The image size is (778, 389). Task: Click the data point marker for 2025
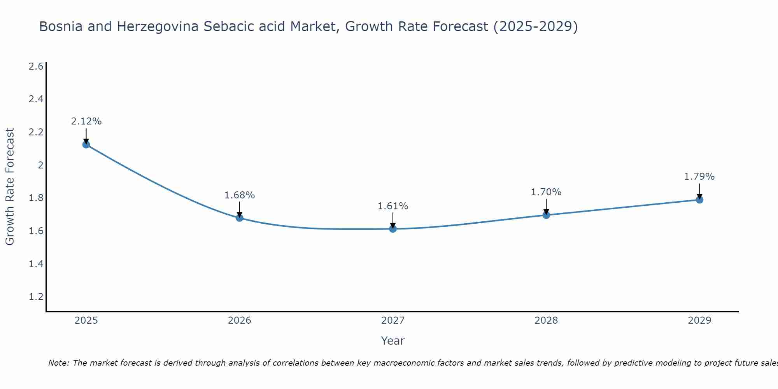86,145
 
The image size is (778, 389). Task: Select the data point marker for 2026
240,218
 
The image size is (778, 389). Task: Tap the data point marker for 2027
393,229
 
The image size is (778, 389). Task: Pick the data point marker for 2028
546,215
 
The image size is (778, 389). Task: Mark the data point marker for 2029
699,200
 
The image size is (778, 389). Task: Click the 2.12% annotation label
86,121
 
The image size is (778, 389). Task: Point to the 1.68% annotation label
240,195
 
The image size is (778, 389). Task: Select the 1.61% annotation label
393,206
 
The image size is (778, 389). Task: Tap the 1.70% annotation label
546,192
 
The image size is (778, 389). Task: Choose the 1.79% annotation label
699,177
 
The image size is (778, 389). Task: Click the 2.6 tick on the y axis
36,67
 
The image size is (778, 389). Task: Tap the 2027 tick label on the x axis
393,321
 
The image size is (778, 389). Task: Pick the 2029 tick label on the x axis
699,321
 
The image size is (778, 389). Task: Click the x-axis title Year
393,341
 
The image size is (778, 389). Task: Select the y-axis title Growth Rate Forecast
10,187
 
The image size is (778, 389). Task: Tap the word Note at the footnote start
58,363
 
